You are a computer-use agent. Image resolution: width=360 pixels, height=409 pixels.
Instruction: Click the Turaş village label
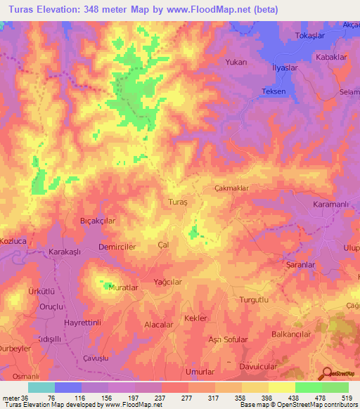179,202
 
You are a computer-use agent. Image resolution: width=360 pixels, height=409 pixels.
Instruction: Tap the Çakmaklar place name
231,188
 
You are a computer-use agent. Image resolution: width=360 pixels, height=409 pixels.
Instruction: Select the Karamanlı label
330,204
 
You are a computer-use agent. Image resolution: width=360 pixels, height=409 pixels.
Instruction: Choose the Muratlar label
124,288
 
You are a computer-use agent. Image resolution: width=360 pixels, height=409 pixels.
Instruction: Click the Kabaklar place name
333,57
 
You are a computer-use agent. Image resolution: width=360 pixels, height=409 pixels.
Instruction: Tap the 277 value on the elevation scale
187,397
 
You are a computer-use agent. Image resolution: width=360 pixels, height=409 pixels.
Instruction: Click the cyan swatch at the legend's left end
41,387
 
